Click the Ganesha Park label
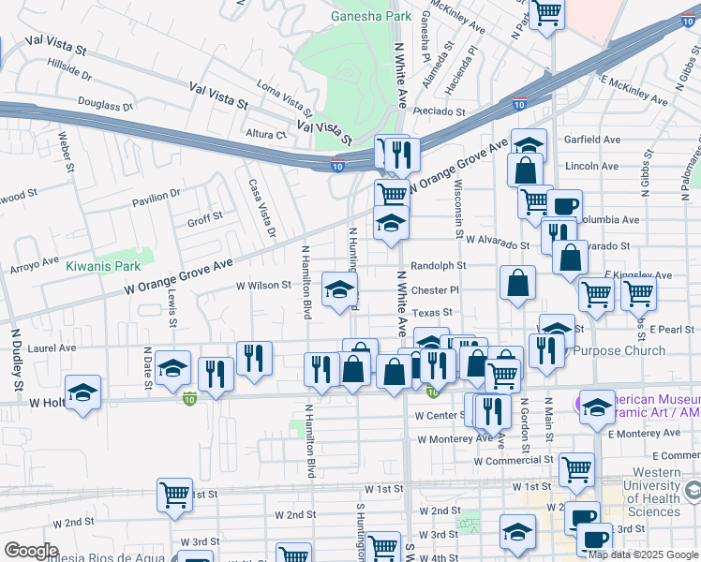point(372,16)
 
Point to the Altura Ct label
point(266,134)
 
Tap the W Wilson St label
point(263,285)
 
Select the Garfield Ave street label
point(592,140)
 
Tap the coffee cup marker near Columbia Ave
point(564,205)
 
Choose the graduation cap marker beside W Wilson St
point(339,288)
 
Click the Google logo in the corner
point(31,550)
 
